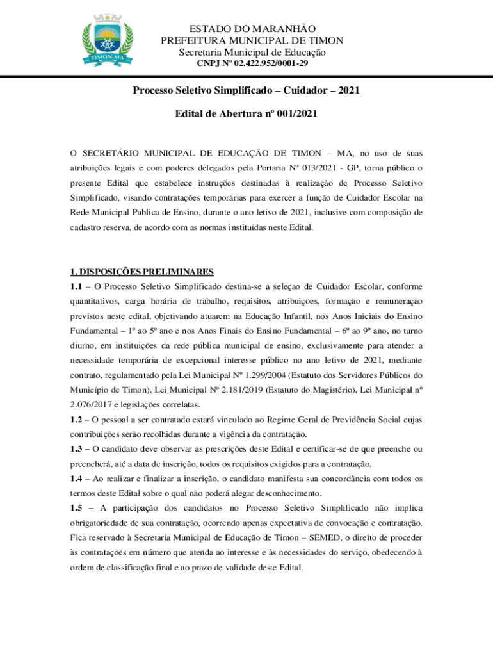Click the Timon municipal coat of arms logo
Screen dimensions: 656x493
click(x=107, y=40)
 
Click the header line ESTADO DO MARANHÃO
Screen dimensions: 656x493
click(x=252, y=29)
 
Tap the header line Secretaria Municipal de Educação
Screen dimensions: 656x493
click(x=252, y=52)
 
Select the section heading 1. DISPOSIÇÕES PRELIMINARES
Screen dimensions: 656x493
click(x=141, y=271)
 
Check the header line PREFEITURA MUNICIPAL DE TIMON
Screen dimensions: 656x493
click(x=252, y=40)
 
